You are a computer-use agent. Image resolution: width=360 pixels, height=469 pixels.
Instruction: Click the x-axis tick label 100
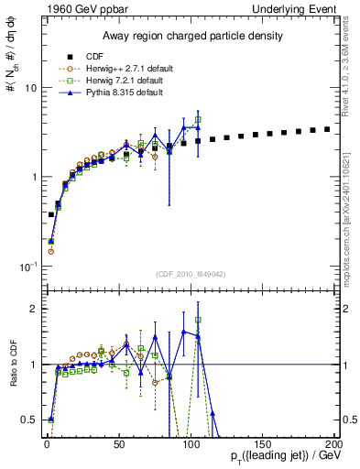pos(190,443)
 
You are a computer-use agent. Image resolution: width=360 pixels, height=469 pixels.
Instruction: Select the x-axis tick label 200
pos(333,443)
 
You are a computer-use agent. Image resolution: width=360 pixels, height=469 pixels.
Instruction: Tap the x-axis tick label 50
pos(118,443)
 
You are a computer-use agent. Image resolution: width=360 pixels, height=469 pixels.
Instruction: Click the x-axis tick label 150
pos(261,443)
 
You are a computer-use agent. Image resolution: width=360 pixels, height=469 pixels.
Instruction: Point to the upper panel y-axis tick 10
pos(30,89)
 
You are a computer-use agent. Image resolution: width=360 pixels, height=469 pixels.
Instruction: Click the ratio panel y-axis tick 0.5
pos(29,420)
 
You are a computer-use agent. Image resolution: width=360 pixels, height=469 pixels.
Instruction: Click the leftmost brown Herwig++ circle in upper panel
pos(50,250)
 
